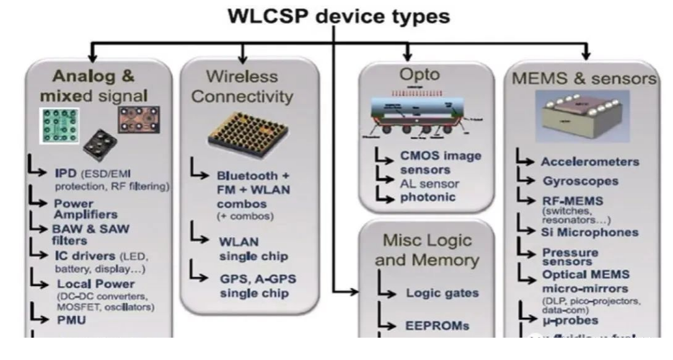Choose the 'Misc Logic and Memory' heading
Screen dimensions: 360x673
[x=426, y=250]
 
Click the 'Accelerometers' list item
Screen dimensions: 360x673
[x=589, y=162]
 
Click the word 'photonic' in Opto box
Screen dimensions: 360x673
[x=428, y=198]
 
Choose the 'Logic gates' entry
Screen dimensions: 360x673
[x=438, y=292]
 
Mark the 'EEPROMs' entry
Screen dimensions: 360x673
[x=437, y=325]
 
